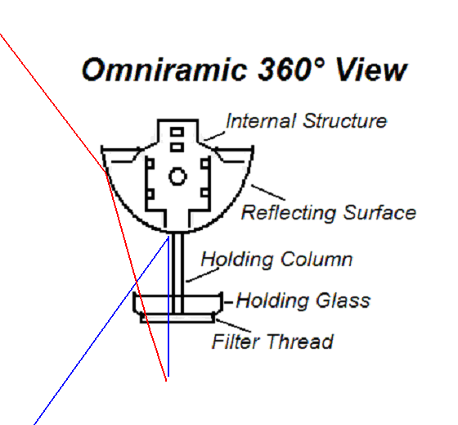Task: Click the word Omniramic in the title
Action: pos(164,70)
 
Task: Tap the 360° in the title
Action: pos(291,70)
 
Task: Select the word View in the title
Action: pos(371,70)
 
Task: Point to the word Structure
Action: pos(345,121)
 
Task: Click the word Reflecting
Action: pos(289,213)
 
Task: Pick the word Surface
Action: pos(379,212)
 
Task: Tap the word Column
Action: pos(317,259)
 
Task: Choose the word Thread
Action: pos(299,341)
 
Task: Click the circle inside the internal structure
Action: pos(177,176)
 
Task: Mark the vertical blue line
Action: pos(168,306)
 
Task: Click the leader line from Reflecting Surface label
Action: pos(268,192)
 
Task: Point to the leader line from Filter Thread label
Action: pos(233,326)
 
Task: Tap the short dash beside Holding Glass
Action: pos(228,302)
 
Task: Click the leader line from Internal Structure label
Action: pos(214,136)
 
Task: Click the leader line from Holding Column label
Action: pos(203,275)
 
